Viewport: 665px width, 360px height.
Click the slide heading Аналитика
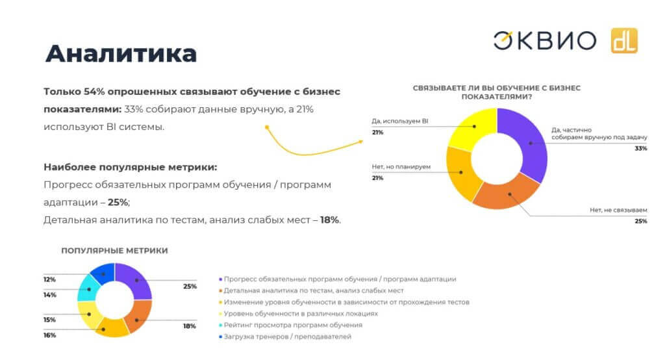click(121, 53)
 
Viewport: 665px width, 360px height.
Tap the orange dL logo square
click(623, 40)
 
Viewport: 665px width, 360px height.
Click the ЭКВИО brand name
click(544, 40)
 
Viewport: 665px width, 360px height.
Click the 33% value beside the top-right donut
click(641, 148)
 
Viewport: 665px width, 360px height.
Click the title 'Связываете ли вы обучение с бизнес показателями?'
click(496, 92)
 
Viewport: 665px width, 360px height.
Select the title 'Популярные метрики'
click(114, 250)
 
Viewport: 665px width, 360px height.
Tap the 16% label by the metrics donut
click(50, 335)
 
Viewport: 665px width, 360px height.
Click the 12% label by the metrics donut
click(50, 279)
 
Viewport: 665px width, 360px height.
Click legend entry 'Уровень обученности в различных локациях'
click(302, 313)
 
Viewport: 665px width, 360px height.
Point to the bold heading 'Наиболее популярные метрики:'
click(130, 167)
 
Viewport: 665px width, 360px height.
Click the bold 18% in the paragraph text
click(330, 220)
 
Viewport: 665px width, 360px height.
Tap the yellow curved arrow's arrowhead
click(362, 139)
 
